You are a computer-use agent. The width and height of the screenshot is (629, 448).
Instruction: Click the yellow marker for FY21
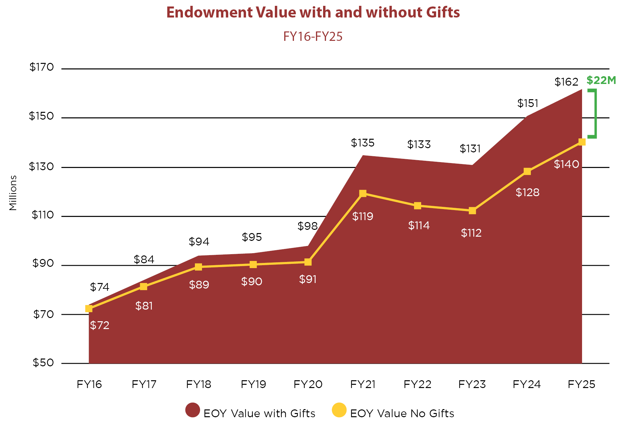point(363,194)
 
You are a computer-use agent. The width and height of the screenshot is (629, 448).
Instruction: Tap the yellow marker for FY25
point(582,142)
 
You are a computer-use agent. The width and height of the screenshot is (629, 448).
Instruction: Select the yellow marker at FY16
point(89,309)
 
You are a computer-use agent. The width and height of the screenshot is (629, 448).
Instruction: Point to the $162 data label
point(566,82)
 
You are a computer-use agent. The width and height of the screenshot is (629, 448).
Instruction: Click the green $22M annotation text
point(601,80)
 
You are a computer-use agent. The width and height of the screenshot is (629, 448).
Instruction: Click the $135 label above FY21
point(363,143)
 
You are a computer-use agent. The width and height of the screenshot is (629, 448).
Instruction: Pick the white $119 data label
point(363,216)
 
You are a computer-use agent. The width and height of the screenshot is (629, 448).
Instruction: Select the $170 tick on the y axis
point(41,67)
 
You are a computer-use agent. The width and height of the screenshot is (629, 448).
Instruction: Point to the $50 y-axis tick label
point(43,362)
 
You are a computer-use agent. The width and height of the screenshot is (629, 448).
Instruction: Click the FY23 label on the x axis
point(472,384)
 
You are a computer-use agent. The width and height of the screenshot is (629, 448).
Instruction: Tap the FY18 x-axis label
point(198,384)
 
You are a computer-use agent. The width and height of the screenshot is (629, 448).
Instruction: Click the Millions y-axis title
point(13,193)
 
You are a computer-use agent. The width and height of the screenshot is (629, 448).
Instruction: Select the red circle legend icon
point(193,410)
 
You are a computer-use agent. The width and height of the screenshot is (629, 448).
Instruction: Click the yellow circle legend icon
point(339,410)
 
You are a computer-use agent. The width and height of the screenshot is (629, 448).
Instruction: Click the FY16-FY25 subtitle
point(313,36)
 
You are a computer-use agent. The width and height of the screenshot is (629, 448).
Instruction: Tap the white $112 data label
point(471,233)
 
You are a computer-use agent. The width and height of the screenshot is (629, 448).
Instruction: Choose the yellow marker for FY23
point(472,211)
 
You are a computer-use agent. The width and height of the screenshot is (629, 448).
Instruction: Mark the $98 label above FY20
point(308,226)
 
